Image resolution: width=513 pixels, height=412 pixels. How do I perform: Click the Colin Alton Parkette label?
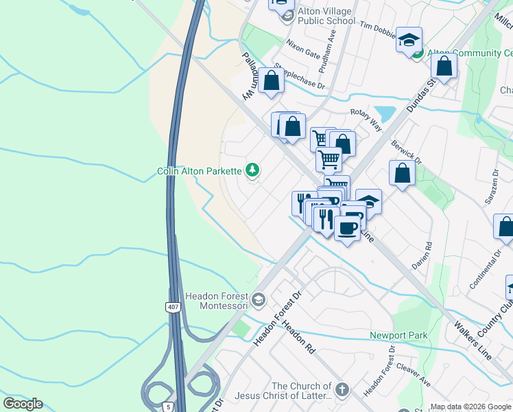pyautogui.click(x=199, y=171)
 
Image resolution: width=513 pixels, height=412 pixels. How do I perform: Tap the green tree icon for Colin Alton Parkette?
pyautogui.click(x=253, y=170)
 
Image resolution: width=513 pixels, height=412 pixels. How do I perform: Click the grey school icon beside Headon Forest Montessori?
pyautogui.click(x=259, y=299)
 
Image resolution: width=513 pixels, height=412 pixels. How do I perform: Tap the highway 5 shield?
pyautogui.click(x=168, y=407)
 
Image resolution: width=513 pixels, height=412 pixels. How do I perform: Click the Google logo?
pyautogui.click(x=23, y=404)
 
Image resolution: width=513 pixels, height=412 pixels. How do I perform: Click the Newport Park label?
pyautogui.click(x=398, y=335)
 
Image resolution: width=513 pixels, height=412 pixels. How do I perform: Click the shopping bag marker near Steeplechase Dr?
pyautogui.click(x=272, y=81)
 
